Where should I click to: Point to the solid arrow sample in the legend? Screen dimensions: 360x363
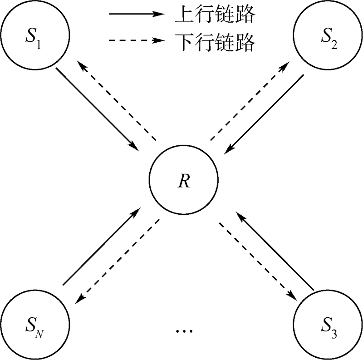tap(136, 15)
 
